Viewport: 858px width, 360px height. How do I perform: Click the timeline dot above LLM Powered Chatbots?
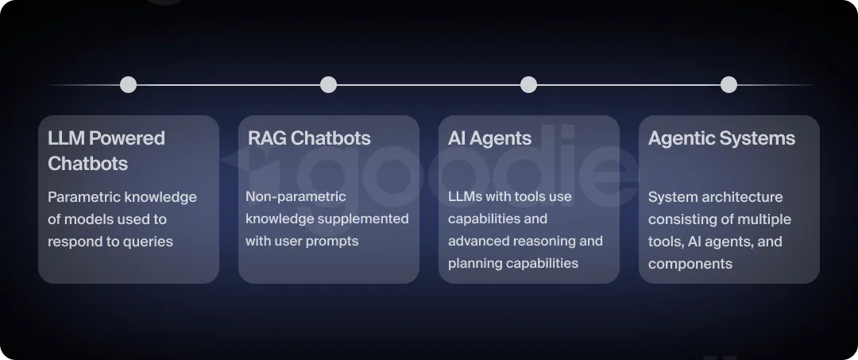(x=128, y=85)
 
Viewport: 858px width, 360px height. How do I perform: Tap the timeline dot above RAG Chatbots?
(x=328, y=85)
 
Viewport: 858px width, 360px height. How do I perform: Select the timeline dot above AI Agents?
(x=528, y=85)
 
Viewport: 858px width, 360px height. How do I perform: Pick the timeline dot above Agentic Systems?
(x=729, y=85)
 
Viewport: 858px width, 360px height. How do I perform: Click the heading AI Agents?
(x=489, y=138)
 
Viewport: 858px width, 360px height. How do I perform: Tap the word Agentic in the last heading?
(x=681, y=138)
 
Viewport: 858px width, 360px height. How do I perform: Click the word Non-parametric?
(x=296, y=196)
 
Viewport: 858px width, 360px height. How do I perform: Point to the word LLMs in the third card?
(x=466, y=196)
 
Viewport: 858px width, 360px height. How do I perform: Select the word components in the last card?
(x=690, y=264)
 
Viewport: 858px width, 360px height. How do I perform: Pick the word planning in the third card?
(x=473, y=263)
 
